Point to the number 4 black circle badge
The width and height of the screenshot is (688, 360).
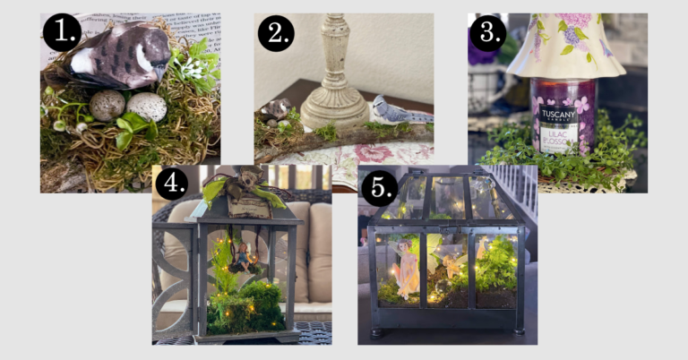[x=172, y=184]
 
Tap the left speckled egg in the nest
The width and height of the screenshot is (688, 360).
[x=107, y=105]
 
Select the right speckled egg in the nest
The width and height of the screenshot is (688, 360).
[x=147, y=106]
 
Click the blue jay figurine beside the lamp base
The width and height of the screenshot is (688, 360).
[x=391, y=109]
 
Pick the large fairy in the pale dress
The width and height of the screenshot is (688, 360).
[x=408, y=267]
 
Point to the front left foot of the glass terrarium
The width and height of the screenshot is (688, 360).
[x=376, y=329]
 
